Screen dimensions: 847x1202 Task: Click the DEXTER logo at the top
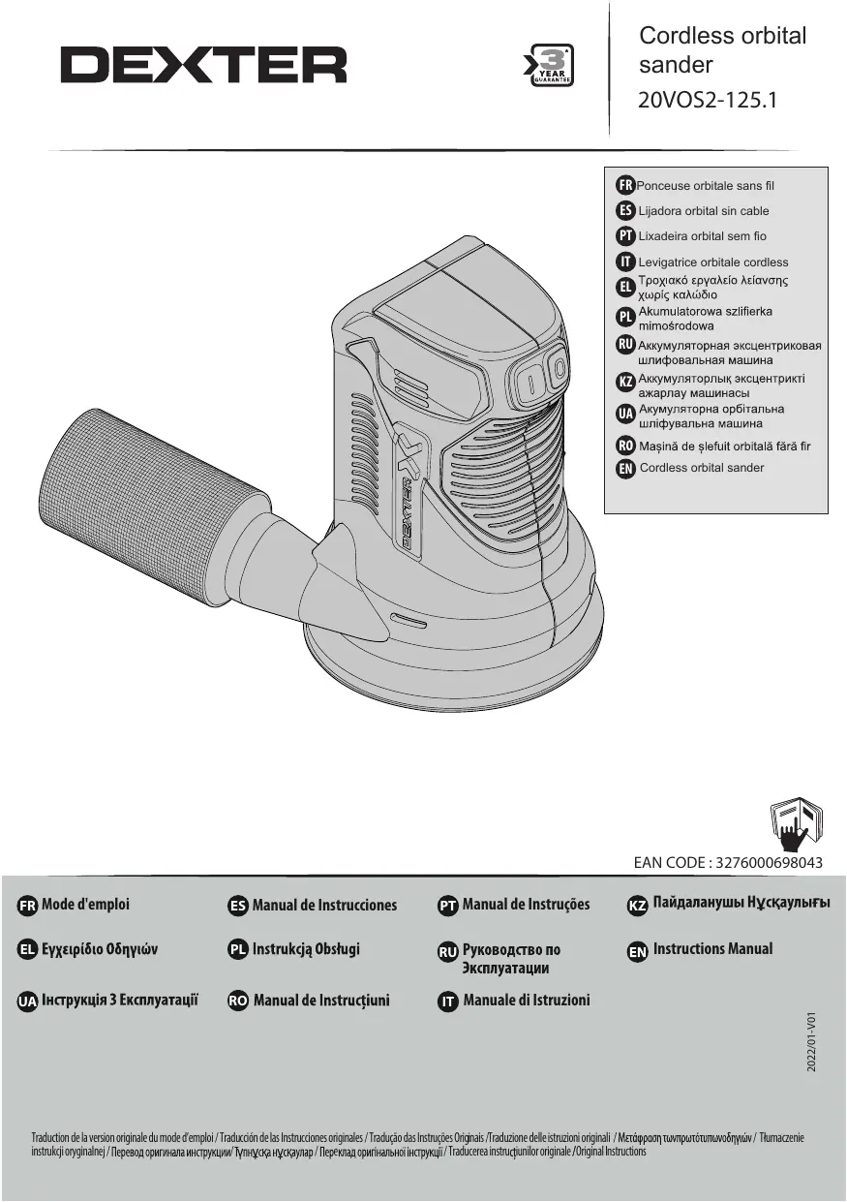pyautogui.click(x=203, y=66)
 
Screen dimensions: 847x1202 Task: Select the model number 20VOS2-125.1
pyautogui.click(x=709, y=101)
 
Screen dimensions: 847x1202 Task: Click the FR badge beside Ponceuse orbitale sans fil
pyautogui.click(x=625, y=185)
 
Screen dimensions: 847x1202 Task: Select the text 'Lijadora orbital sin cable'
pyautogui.click(x=704, y=210)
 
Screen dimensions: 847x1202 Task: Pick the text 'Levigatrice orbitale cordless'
pyautogui.click(x=713, y=262)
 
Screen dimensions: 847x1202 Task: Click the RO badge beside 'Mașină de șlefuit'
pyautogui.click(x=625, y=447)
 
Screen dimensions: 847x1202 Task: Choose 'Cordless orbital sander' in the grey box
pyautogui.click(x=702, y=468)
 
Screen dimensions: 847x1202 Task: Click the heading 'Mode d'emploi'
pyautogui.click(x=85, y=905)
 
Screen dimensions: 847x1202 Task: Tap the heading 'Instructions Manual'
pyautogui.click(x=712, y=949)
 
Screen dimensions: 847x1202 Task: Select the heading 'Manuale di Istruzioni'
pyautogui.click(x=527, y=1001)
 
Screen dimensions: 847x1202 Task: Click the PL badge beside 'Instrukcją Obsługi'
pyautogui.click(x=238, y=949)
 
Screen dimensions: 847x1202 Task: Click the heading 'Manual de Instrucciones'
pyautogui.click(x=324, y=906)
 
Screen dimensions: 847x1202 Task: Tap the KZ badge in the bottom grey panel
pyautogui.click(x=638, y=906)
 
